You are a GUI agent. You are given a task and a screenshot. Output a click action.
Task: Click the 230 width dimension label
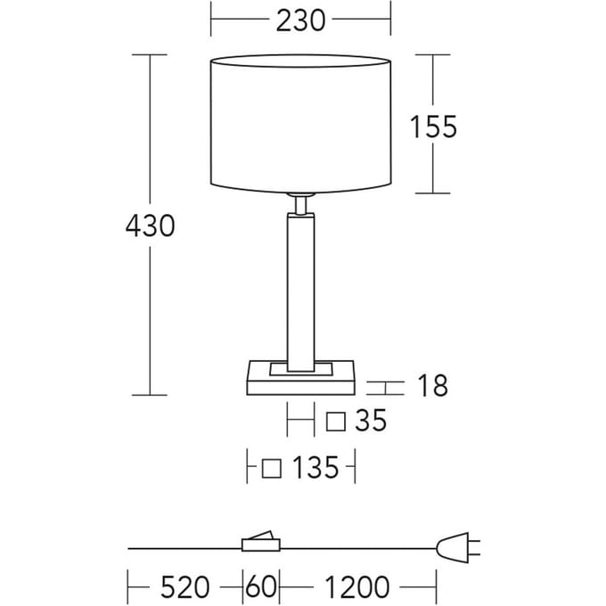pos(300,20)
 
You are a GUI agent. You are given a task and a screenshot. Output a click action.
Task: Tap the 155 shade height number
pos(433,127)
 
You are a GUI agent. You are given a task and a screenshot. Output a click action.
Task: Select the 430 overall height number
pos(150,225)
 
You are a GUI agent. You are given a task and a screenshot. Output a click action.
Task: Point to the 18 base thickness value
pos(433,385)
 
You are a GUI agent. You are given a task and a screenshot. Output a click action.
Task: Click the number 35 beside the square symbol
pos(371,420)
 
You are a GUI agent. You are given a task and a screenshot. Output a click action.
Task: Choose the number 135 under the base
pos(315,467)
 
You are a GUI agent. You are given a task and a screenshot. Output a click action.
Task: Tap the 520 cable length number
pos(185,586)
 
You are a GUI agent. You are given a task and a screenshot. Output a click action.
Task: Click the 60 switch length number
pos(261,586)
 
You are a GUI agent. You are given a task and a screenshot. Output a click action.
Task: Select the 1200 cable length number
pos(357,586)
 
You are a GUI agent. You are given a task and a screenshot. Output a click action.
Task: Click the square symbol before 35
pos(335,422)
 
